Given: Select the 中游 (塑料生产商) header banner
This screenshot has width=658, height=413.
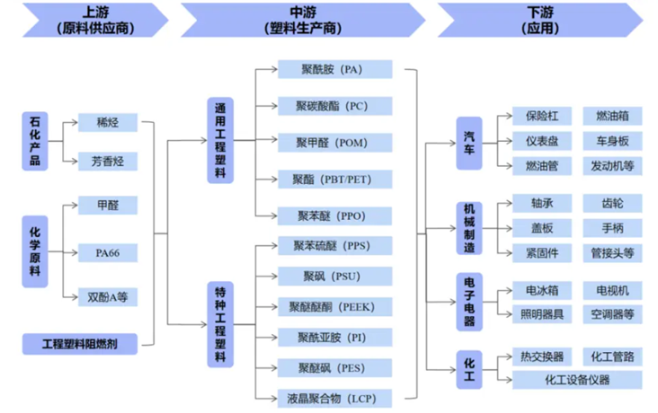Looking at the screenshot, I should coord(302,20).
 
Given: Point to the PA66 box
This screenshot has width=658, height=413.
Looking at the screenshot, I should coord(106,252).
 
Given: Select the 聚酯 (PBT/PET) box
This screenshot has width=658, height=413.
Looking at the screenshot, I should coord(333,178).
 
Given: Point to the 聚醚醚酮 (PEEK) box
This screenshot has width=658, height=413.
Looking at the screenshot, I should coord(333,307).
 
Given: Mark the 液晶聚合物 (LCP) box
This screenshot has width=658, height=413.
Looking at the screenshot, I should coord(333,397).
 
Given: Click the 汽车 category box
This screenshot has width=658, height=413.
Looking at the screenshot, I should coord(469,142).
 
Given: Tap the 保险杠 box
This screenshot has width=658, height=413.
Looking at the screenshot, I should coord(542,117).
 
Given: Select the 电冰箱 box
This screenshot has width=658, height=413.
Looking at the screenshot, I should coord(542,291).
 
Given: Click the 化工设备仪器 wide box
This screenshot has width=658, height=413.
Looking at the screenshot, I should coord(577,380).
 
